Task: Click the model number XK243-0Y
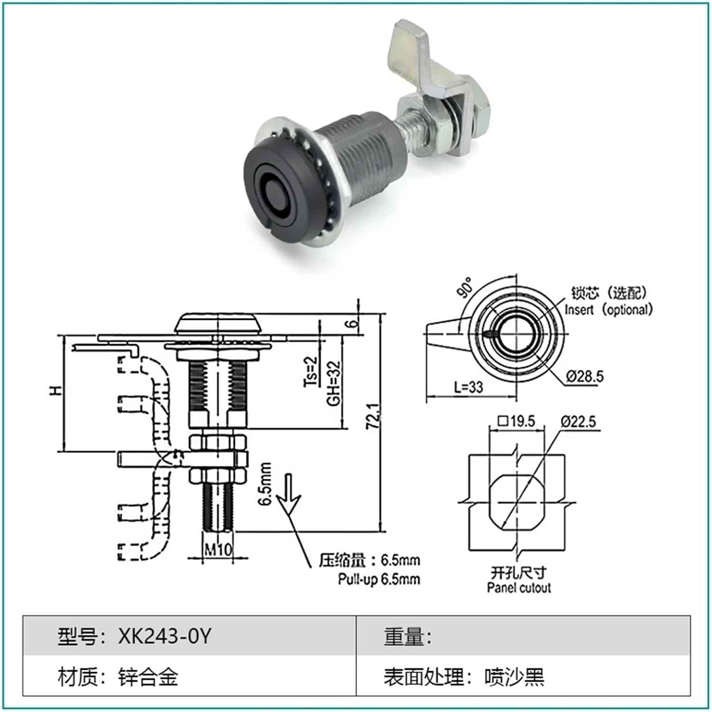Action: coord(164,636)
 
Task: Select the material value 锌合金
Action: coord(148,676)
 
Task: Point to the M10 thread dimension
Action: coord(218,550)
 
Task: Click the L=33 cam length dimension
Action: coord(468,387)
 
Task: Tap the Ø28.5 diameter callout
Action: coord(584,376)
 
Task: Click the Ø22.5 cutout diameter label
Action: coord(578,421)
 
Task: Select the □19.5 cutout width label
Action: coord(516,421)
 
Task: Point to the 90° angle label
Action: coord(466,288)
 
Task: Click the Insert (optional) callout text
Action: coord(609,309)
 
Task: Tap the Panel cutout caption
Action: coord(518,588)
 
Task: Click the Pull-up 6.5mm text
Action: coord(379,579)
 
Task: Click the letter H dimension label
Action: coord(56,391)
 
